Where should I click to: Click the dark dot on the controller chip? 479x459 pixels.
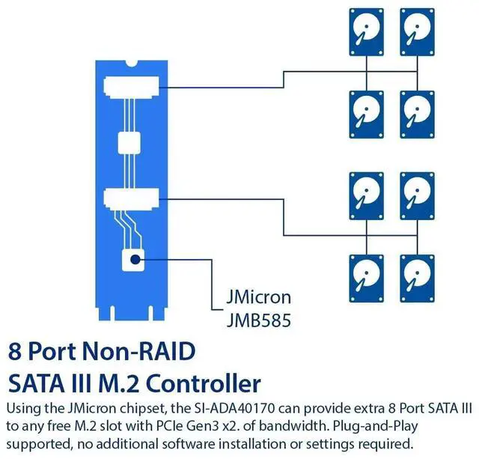[x=135, y=260]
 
